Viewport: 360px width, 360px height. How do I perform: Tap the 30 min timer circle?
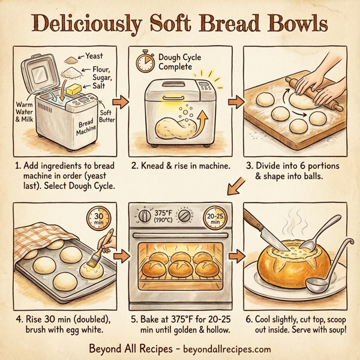click(x=99, y=218)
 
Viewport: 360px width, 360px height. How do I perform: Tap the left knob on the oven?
click(x=145, y=217)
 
